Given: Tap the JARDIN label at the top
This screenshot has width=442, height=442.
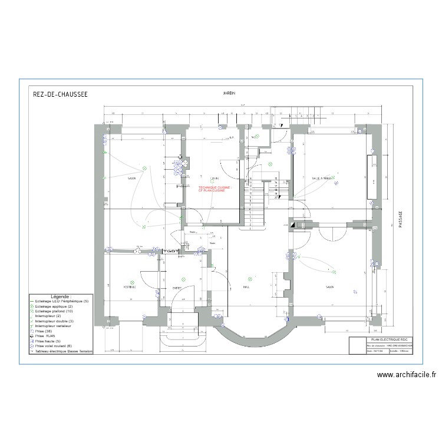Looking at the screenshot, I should pyautogui.click(x=229, y=94).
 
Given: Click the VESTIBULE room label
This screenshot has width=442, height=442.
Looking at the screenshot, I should pyautogui.click(x=130, y=287).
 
